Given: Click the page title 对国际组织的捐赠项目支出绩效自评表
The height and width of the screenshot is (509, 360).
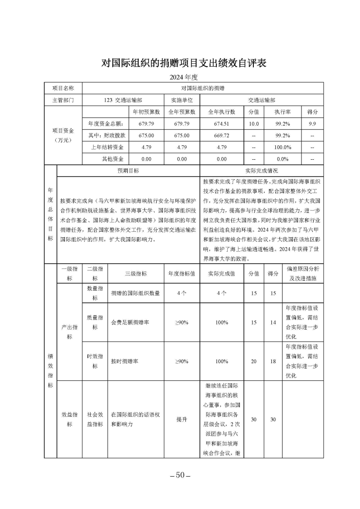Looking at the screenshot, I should tap(184, 63).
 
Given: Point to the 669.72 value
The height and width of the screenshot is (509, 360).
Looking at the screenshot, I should tap(221, 135).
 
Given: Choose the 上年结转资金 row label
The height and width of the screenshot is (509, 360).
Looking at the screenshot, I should tap(106, 147).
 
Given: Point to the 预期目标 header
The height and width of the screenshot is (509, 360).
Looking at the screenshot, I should tap(128, 171).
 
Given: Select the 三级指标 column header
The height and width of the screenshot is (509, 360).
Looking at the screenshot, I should tap(135, 273).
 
